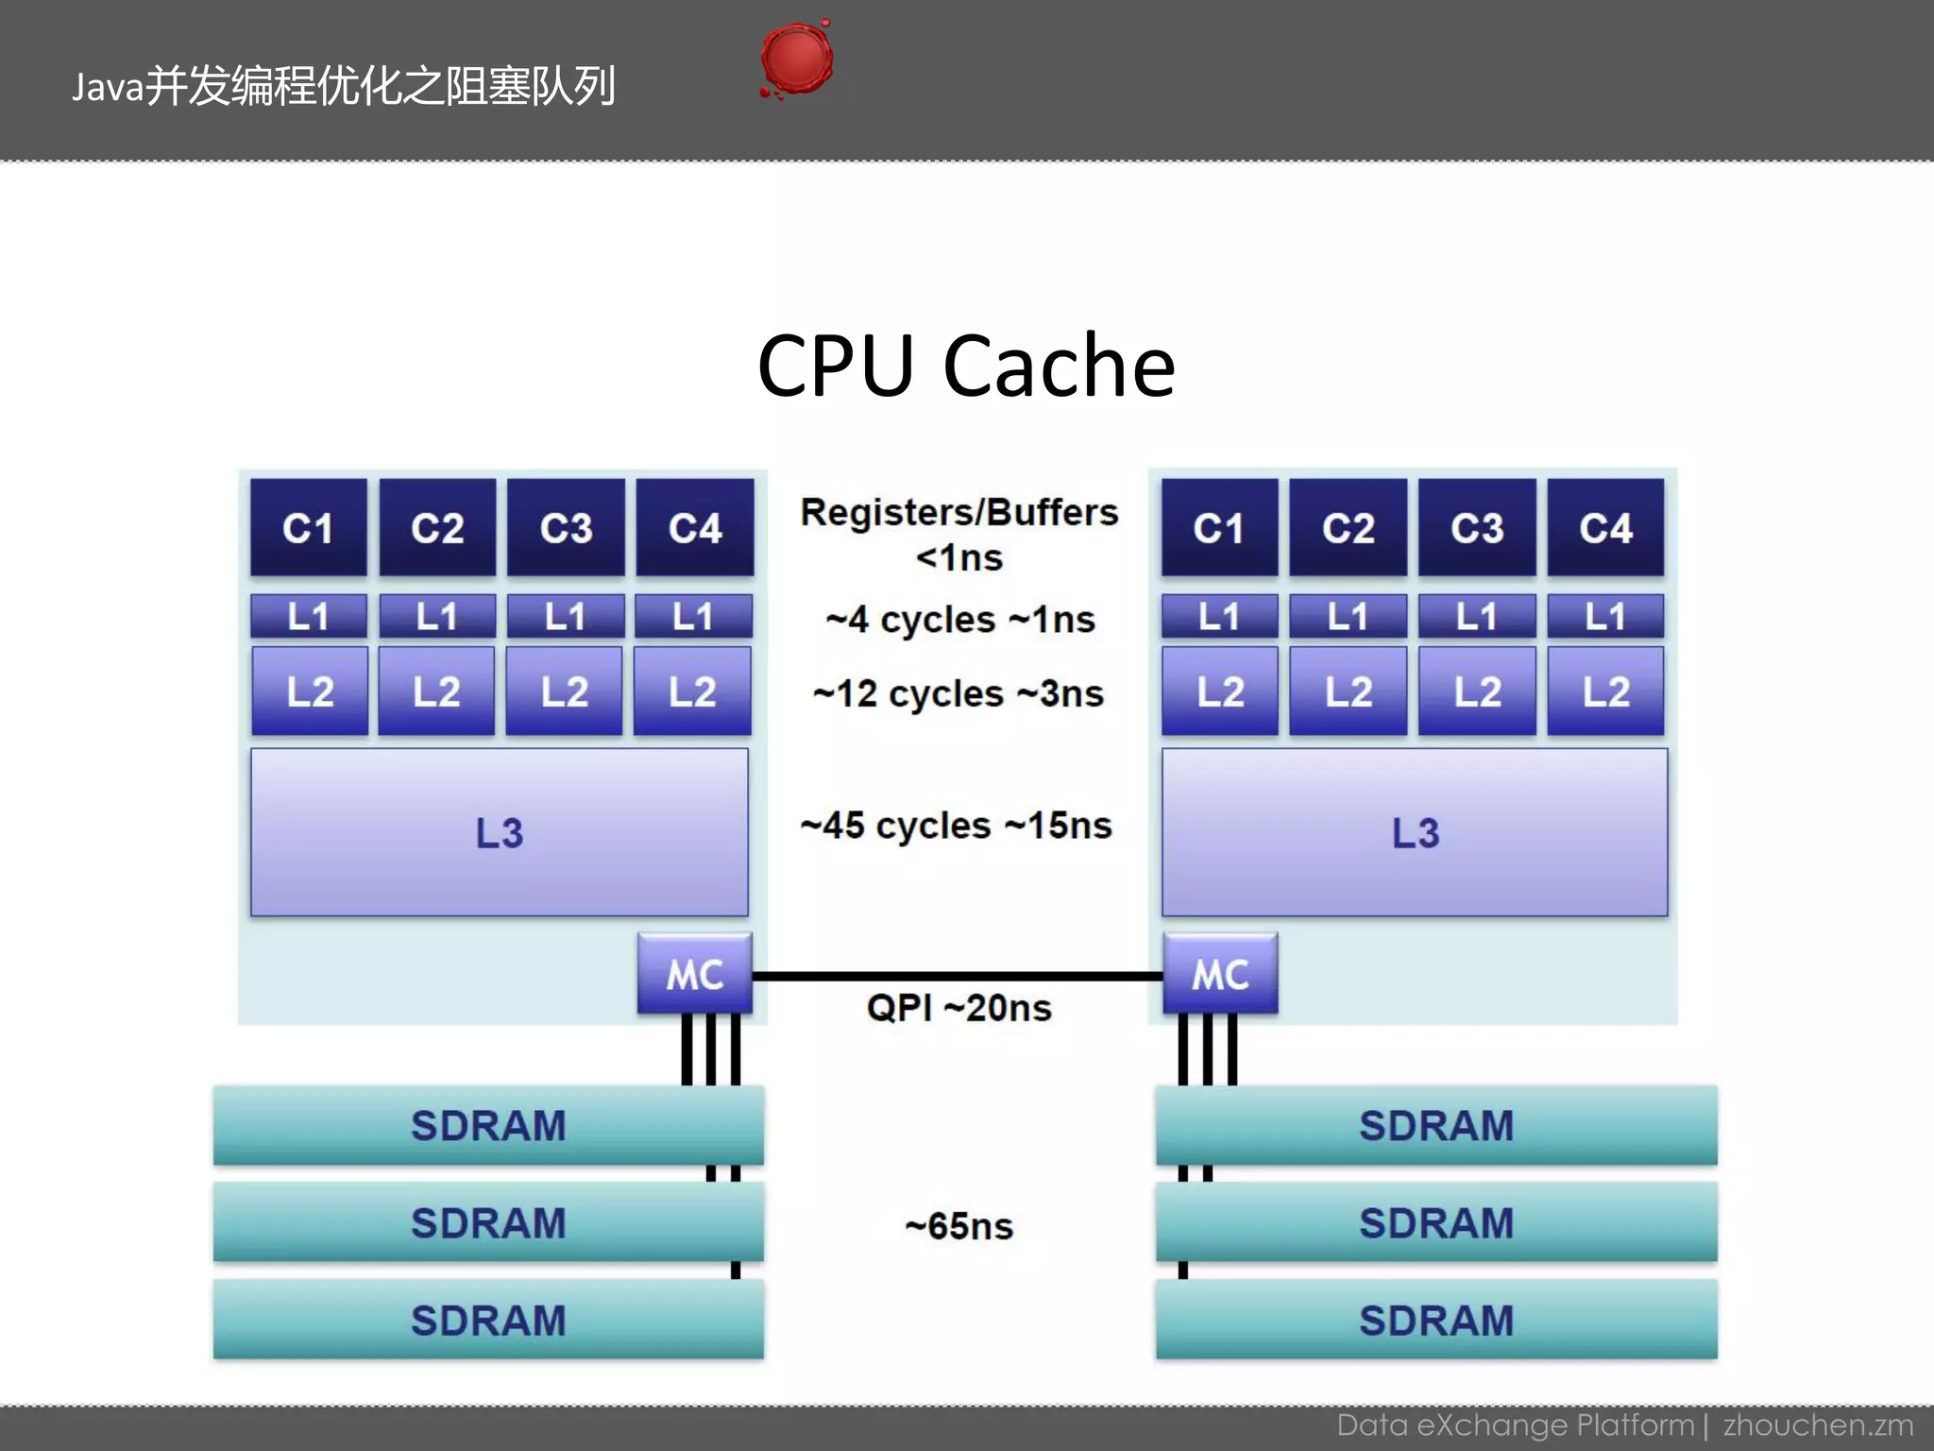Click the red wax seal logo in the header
click(x=796, y=60)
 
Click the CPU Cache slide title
click(x=966, y=366)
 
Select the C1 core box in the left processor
click(x=308, y=527)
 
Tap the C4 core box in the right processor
click(x=1605, y=527)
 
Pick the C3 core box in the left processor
click(x=566, y=527)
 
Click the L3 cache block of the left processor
click(x=499, y=832)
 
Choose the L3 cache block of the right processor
click(x=1415, y=832)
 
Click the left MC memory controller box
click(x=694, y=974)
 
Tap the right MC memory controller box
click(x=1220, y=974)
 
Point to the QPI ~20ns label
click(x=959, y=1008)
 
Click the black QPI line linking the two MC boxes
click(x=958, y=976)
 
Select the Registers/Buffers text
click(x=959, y=512)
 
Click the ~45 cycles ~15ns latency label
click(x=956, y=826)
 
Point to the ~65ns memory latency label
click(x=959, y=1226)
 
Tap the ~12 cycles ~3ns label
click(x=958, y=694)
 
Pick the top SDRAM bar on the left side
click(x=488, y=1125)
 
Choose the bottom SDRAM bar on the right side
click(x=1436, y=1320)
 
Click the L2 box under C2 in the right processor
click(x=1348, y=691)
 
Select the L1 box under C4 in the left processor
click(x=693, y=617)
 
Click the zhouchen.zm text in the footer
click(x=1818, y=1425)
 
